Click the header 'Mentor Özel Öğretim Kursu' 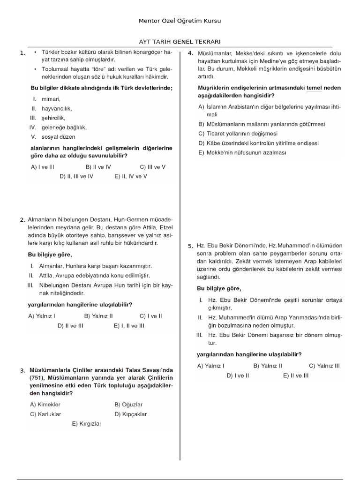(180, 21)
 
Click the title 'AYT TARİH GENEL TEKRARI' (180, 41)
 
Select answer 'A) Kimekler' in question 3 (45, 405)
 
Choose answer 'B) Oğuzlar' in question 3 (128, 405)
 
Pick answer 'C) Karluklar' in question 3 (45, 414)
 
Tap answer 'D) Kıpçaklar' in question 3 (131, 414)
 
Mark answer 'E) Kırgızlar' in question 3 (87, 423)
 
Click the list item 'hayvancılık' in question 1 (56, 108)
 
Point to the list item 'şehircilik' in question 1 (53, 118)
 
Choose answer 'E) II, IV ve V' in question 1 (131, 176)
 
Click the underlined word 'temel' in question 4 (315, 88)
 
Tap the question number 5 (190, 246)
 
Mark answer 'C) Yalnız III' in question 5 (324, 366)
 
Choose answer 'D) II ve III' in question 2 (70, 325)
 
